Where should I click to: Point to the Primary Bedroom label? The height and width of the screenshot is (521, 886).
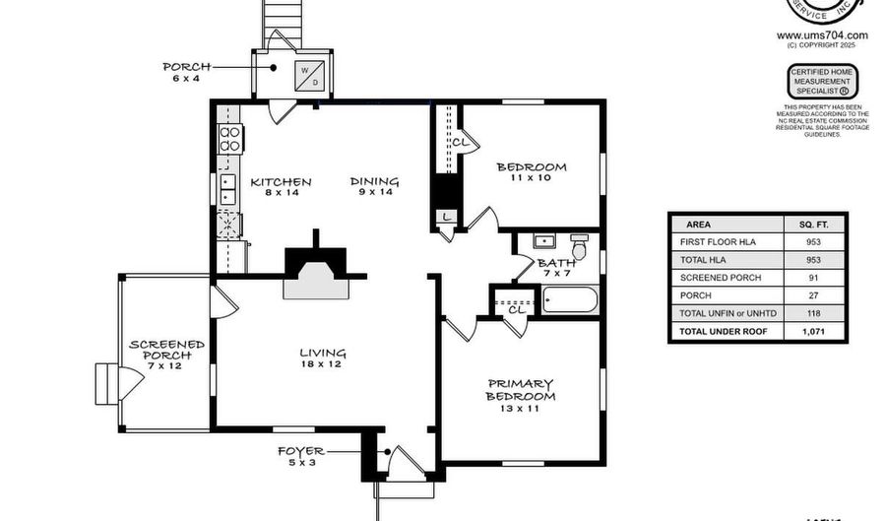coord(520,390)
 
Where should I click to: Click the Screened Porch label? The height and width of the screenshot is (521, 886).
coord(167,350)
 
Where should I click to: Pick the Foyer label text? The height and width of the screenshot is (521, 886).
coord(301,456)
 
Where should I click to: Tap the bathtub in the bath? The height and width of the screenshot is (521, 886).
coord(571,300)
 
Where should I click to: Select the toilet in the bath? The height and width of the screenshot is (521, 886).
coord(579,250)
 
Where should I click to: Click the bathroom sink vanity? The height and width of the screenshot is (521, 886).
coord(542,241)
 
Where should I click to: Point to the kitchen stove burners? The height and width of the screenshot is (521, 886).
coord(230,139)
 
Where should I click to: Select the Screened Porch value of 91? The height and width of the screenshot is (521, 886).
coord(813,278)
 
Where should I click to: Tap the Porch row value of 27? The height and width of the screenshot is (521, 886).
coord(813,295)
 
